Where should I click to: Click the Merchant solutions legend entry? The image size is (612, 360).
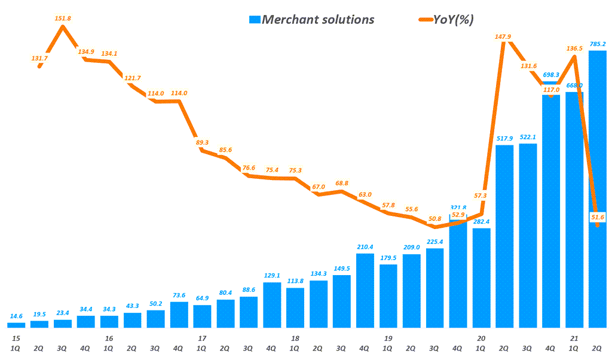tap(311, 19)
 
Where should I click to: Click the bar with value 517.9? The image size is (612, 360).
tap(504, 236)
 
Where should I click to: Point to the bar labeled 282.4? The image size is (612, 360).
tap(481, 278)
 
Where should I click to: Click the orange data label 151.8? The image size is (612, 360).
tap(62, 18)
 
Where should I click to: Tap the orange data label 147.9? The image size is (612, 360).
tap(504, 36)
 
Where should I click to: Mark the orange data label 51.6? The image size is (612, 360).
tap(598, 216)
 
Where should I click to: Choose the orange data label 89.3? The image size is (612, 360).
tap(202, 142)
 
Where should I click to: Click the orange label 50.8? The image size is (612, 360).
tap(434, 219)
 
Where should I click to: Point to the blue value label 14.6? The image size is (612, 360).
tap(16, 316)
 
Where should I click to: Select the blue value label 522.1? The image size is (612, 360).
tap(528, 137)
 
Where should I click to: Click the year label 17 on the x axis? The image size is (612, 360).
tap(202, 338)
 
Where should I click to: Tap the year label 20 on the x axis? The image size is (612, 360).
tap(481, 338)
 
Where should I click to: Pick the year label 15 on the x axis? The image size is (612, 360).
tap(16, 338)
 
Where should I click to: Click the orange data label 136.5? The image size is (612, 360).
tap(574, 48)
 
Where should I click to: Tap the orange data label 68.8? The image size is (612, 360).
tap(341, 183)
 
